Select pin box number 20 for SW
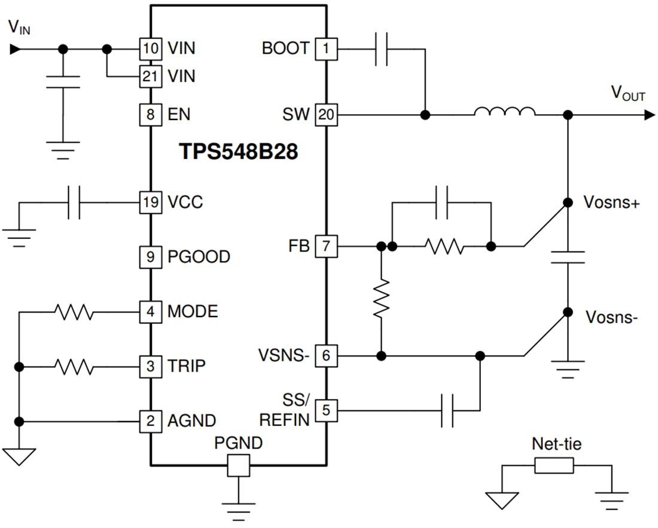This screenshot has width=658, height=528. tap(326, 114)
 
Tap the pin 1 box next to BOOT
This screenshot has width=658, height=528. tap(326, 48)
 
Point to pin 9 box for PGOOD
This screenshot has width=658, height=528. tap(150, 257)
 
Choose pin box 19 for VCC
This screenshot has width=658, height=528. tap(150, 202)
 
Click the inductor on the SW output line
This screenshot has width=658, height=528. tap(504, 112)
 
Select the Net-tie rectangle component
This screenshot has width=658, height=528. tap(554, 466)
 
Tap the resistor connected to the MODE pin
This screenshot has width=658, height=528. tap(74, 311)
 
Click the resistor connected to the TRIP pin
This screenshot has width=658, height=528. tap(74, 365)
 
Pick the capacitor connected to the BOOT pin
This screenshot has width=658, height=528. tap(381, 48)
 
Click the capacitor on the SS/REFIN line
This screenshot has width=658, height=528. tap(447, 410)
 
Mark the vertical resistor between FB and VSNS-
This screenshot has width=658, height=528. tap(381, 298)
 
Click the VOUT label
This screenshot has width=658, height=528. tap(627, 94)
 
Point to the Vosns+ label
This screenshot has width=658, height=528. tap(611, 203)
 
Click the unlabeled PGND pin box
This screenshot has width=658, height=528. tap(238, 465)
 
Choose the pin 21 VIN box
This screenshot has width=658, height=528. tap(150, 76)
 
